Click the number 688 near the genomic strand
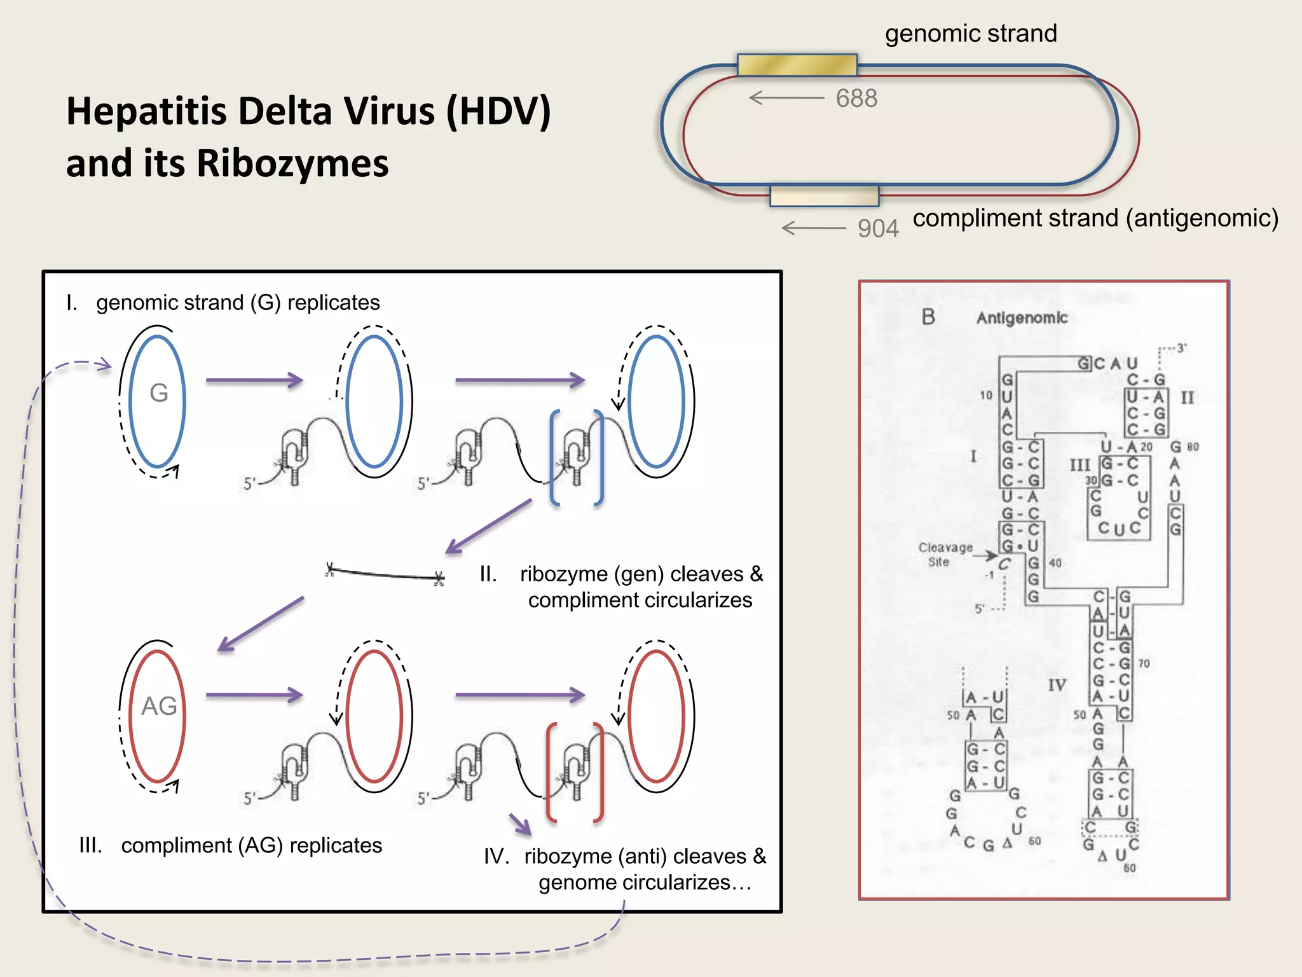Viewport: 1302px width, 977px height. (856, 99)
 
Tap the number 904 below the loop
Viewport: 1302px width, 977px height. (877, 228)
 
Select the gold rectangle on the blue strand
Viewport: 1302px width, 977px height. (797, 65)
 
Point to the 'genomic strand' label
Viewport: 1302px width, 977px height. (970, 33)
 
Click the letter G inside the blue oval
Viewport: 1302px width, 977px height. (158, 392)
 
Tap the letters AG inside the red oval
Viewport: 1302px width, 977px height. (159, 706)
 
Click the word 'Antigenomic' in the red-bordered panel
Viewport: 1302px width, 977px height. (1022, 317)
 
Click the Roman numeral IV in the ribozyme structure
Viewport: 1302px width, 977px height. (1057, 685)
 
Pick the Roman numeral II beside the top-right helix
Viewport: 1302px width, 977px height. (1187, 398)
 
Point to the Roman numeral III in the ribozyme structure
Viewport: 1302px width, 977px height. (1079, 465)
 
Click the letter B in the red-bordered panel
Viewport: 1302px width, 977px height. (928, 317)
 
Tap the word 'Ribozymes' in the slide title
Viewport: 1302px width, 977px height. (292, 163)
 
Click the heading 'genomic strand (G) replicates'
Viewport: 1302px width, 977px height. (238, 302)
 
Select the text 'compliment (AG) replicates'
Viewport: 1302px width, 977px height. (251, 845)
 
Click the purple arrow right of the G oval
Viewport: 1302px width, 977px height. (254, 380)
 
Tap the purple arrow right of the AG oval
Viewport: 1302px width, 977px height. (254, 695)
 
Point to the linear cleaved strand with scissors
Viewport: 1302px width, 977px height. (385, 573)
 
